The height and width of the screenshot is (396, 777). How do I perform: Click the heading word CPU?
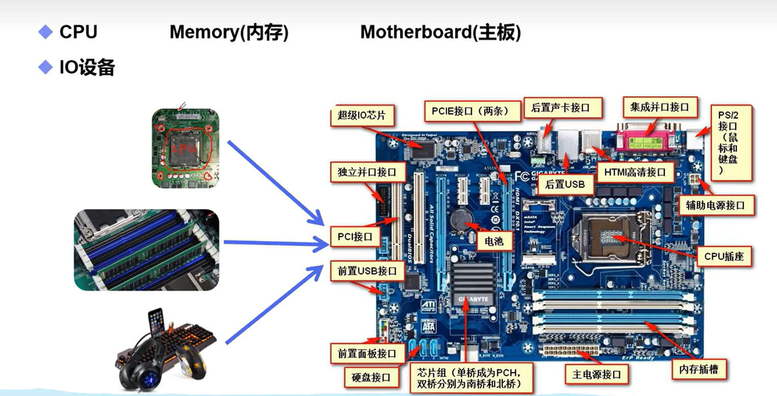[x=78, y=33]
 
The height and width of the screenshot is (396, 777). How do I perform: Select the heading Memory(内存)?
[x=229, y=33]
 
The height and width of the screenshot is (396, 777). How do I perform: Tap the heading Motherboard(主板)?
[x=441, y=33]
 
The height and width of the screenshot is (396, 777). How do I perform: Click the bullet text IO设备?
[x=87, y=67]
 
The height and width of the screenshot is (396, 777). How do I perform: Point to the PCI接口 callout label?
[x=356, y=237]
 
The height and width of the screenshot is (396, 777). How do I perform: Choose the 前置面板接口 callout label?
[x=367, y=353]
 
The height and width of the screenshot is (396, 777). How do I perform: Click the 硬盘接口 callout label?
[x=371, y=378]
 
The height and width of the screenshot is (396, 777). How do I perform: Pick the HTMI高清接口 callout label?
[x=635, y=172]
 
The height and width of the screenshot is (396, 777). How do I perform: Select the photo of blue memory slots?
[x=146, y=250]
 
